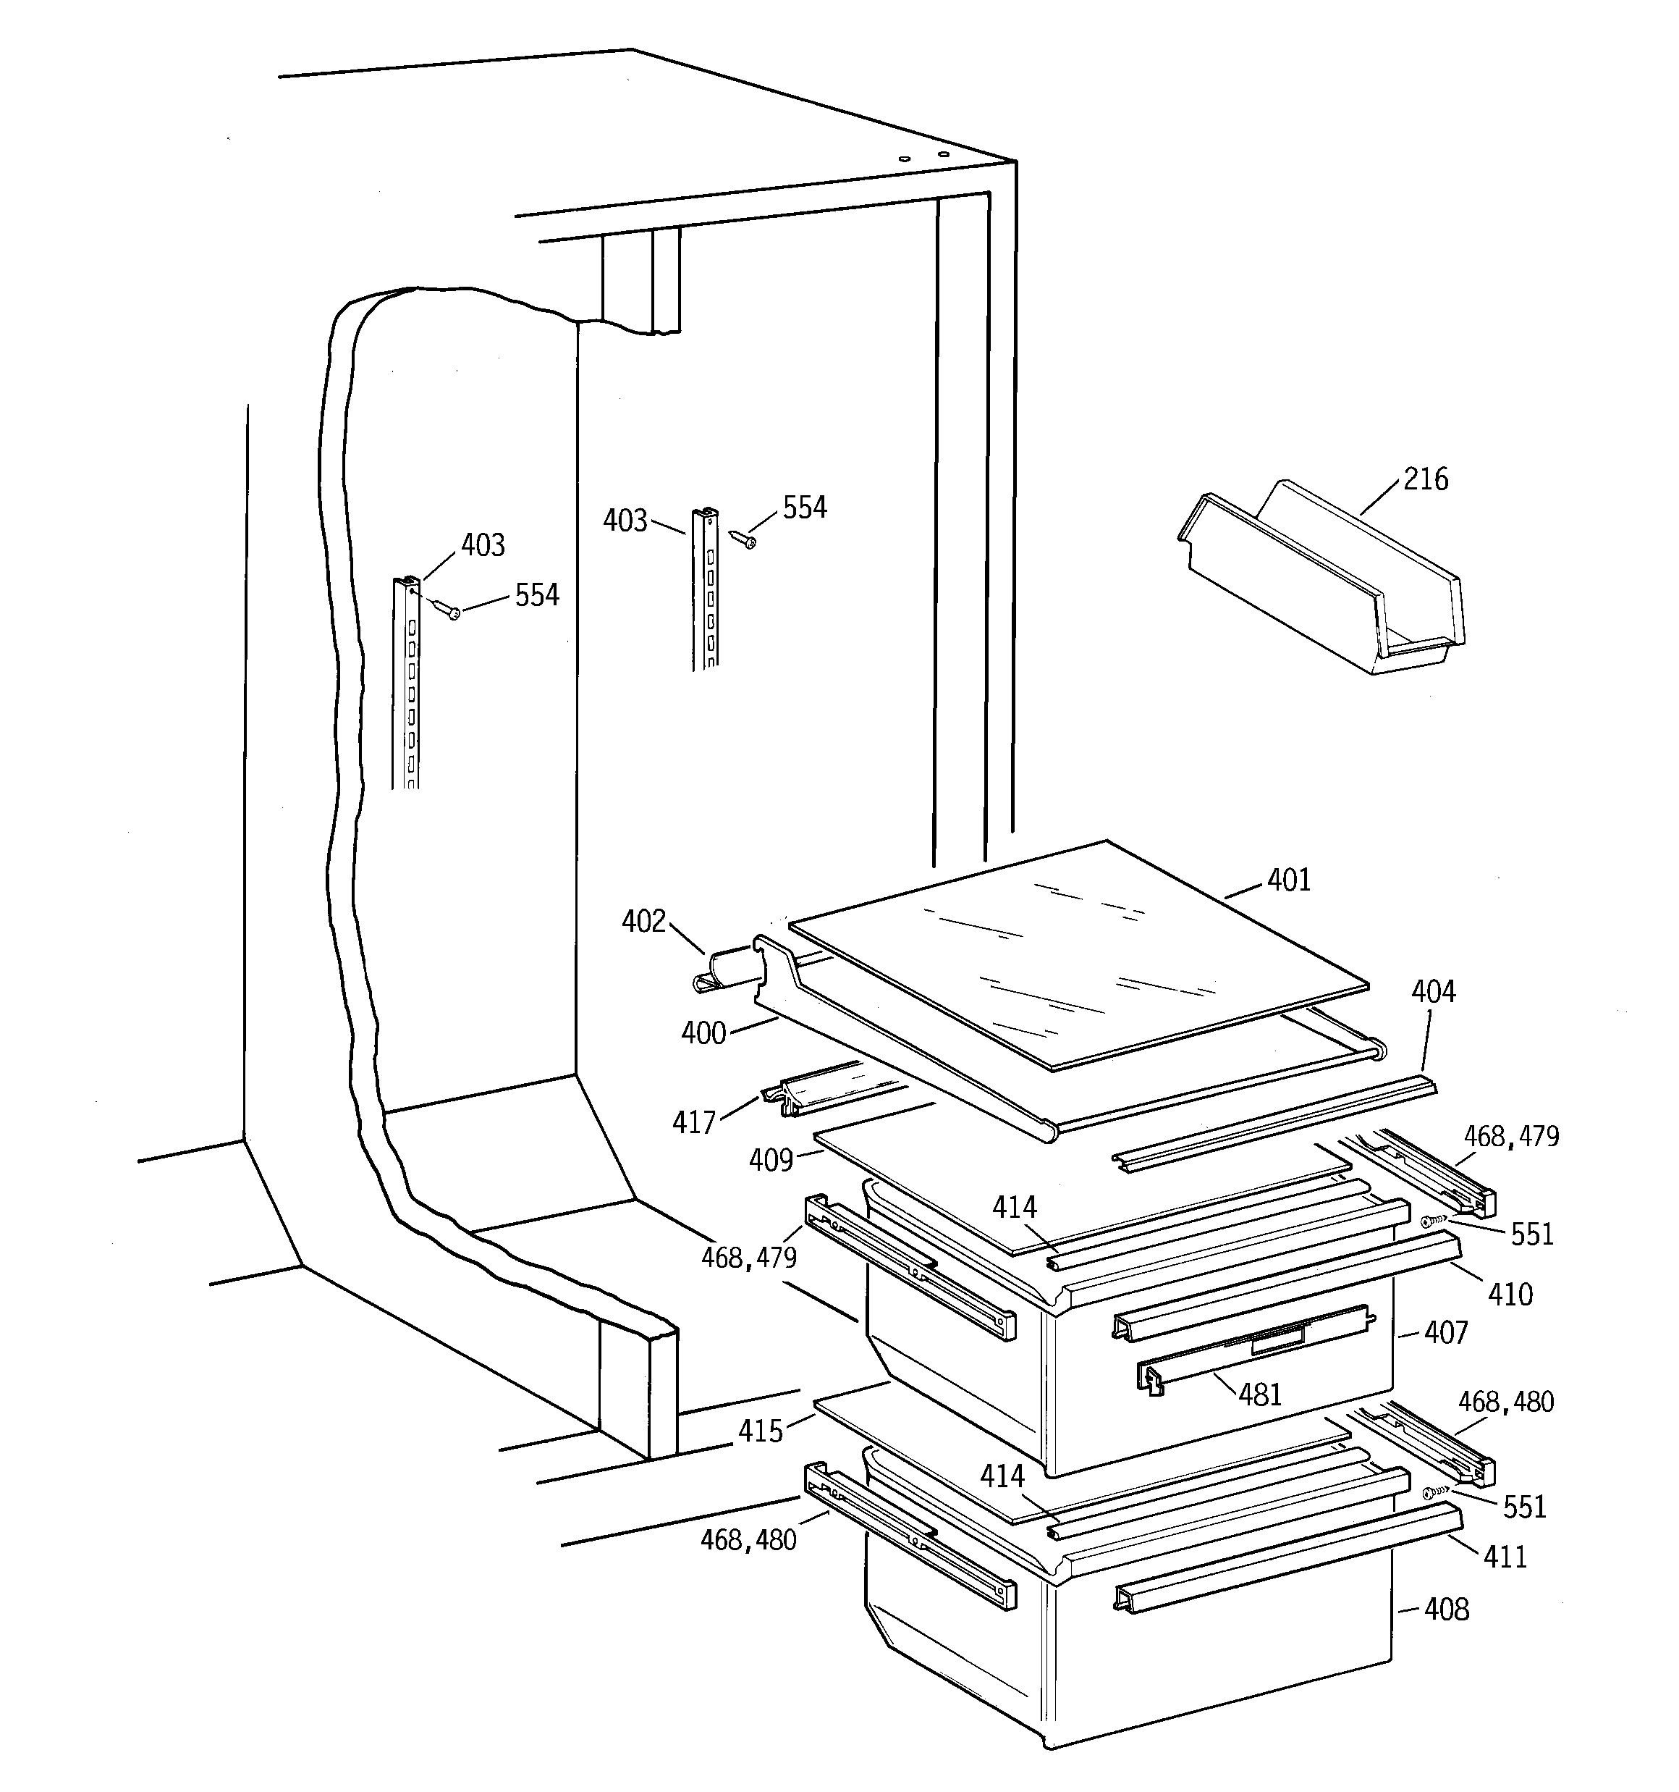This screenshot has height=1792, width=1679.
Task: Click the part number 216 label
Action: (x=1425, y=479)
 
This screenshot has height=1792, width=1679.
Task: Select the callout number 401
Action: (x=1289, y=880)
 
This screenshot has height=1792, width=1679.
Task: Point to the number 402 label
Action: (x=643, y=921)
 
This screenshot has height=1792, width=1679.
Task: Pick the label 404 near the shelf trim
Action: (x=1433, y=991)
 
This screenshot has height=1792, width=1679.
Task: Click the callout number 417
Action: (x=693, y=1122)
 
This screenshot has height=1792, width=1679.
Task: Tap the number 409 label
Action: (x=771, y=1160)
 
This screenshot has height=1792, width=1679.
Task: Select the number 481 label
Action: (x=1260, y=1395)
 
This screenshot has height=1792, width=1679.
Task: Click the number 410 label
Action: (x=1510, y=1295)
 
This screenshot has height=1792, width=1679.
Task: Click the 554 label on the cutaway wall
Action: (x=537, y=595)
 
